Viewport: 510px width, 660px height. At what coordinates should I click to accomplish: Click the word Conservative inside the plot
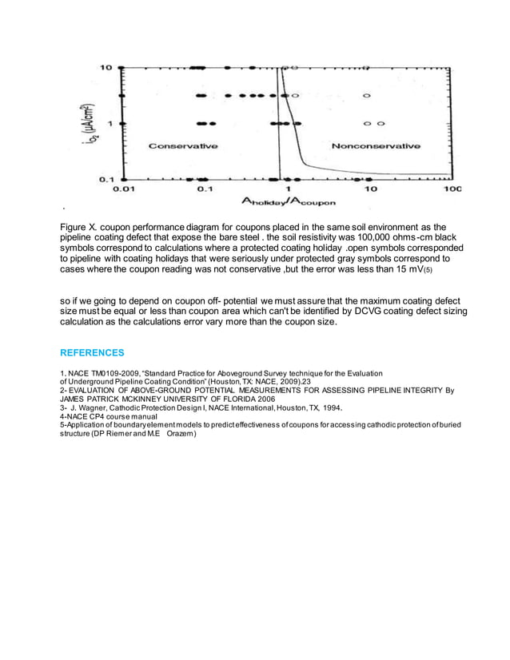pyautogui.click(x=184, y=146)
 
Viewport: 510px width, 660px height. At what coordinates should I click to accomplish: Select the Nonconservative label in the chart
pyautogui.click(x=376, y=146)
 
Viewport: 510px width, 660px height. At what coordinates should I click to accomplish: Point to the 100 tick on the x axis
pyautogui.click(x=452, y=189)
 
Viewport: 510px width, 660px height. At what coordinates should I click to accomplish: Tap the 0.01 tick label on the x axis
pyautogui.click(x=122, y=189)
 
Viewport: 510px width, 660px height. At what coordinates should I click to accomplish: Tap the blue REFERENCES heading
pyautogui.click(x=92, y=352)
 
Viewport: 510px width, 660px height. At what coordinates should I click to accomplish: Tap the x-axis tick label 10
pyautogui.click(x=369, y=189)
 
